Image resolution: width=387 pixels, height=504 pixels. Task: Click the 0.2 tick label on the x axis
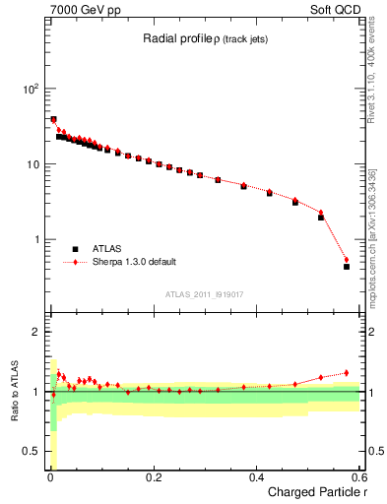tap(154, 477)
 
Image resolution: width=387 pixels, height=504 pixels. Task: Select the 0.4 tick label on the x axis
tap(257, 477)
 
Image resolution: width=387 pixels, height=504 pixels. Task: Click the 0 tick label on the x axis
tap(50, 477)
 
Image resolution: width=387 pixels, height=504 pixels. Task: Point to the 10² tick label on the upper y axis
tap(29, 89)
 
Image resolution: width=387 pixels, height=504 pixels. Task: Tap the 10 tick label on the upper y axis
tap(32, 164)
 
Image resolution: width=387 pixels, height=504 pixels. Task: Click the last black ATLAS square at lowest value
tap(346, 267)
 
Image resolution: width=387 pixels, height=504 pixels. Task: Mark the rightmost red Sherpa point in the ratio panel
tap(346, 373)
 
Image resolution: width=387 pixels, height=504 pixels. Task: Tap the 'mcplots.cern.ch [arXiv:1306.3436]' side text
tap(377, 226)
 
